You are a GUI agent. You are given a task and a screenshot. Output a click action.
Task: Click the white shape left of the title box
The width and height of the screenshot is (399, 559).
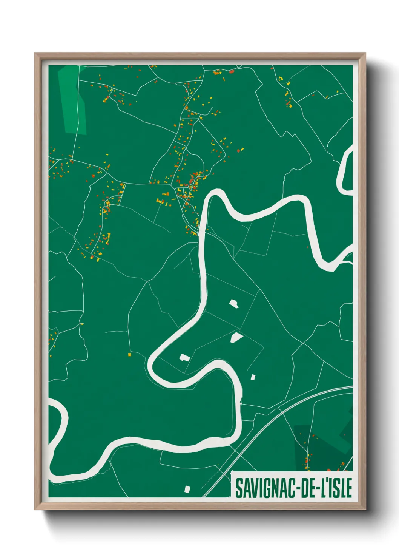(187, 489)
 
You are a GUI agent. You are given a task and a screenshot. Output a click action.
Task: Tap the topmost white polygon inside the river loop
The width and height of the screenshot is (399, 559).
(234, 303)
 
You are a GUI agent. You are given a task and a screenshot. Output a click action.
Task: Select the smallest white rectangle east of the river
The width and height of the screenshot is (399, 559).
(253, 377)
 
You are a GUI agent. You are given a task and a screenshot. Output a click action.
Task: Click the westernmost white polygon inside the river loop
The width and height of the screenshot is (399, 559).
(184, 357)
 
